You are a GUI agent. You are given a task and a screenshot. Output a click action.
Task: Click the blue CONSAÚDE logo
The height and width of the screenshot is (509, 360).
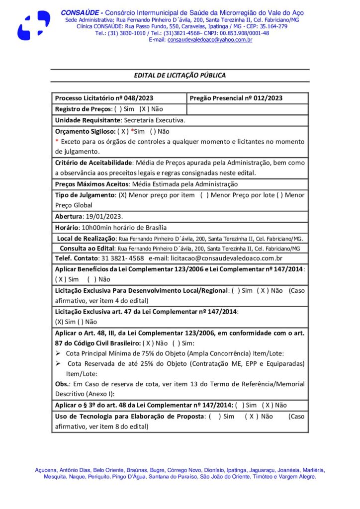click(x=34, y=25)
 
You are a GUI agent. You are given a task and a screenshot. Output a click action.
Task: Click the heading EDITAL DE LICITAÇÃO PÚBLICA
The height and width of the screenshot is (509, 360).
click(x=180, y=76)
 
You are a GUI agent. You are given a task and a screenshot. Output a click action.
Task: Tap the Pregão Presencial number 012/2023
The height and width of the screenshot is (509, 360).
click(x=265, y=98)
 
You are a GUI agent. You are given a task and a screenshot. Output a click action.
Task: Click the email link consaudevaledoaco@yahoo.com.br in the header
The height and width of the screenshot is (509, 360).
click(x=209, y=40)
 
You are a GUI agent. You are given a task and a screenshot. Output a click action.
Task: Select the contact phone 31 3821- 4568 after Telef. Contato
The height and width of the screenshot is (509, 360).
click(x=122, y=258)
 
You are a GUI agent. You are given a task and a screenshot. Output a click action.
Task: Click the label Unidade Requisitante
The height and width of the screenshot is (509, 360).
click(x=88, y=120)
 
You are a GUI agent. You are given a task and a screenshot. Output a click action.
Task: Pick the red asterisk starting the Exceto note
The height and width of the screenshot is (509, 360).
click(x=57, y=142)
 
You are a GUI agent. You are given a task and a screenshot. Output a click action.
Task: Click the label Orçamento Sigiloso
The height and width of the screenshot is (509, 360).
click(x=85, y=131)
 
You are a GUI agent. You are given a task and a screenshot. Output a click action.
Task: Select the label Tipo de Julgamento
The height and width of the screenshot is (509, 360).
click(x=85, y=195)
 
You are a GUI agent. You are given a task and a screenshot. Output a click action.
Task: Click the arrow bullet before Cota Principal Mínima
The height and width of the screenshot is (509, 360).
click(x=58, y=354)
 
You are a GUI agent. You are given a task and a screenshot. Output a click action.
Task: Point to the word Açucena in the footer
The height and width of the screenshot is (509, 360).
click(x=46, y=470)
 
